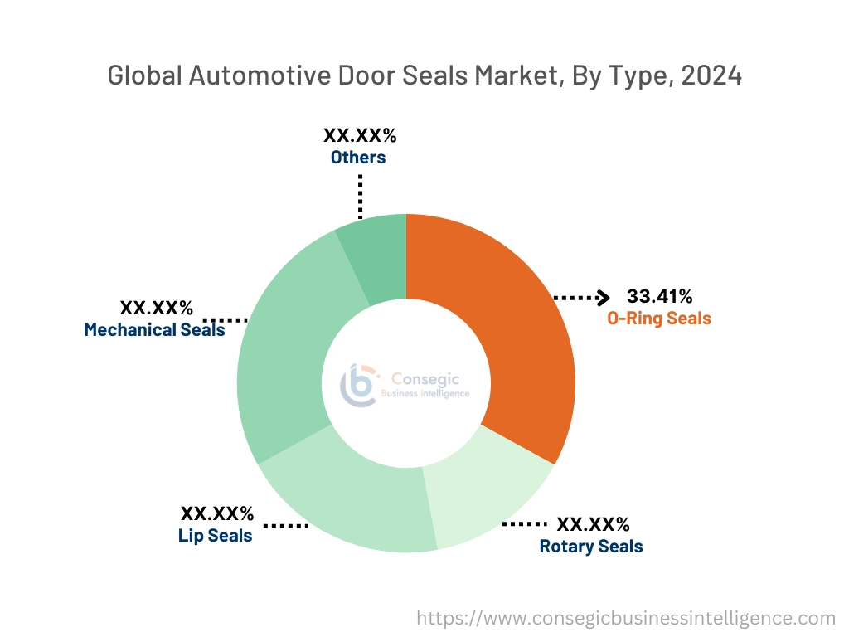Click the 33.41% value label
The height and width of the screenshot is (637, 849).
click(659, 297)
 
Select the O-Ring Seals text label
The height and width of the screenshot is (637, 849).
click(659, 318)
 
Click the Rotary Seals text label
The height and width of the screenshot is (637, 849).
click(591, 546)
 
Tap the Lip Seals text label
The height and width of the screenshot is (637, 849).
click(216, 536)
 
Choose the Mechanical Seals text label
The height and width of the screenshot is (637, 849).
click(154, 330)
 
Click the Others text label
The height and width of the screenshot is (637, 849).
click(358, 157)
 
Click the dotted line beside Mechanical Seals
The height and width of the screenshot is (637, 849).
click(226, 319)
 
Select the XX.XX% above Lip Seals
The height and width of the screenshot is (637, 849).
click(217, 514)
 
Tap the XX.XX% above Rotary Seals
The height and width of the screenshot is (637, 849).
click(593, 524)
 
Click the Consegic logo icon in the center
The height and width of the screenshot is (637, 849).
click(358, 384)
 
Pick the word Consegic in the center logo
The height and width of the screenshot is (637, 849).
click(424, 377)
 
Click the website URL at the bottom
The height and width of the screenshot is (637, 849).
click(625, 618)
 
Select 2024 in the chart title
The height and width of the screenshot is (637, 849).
click(711, 76)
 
